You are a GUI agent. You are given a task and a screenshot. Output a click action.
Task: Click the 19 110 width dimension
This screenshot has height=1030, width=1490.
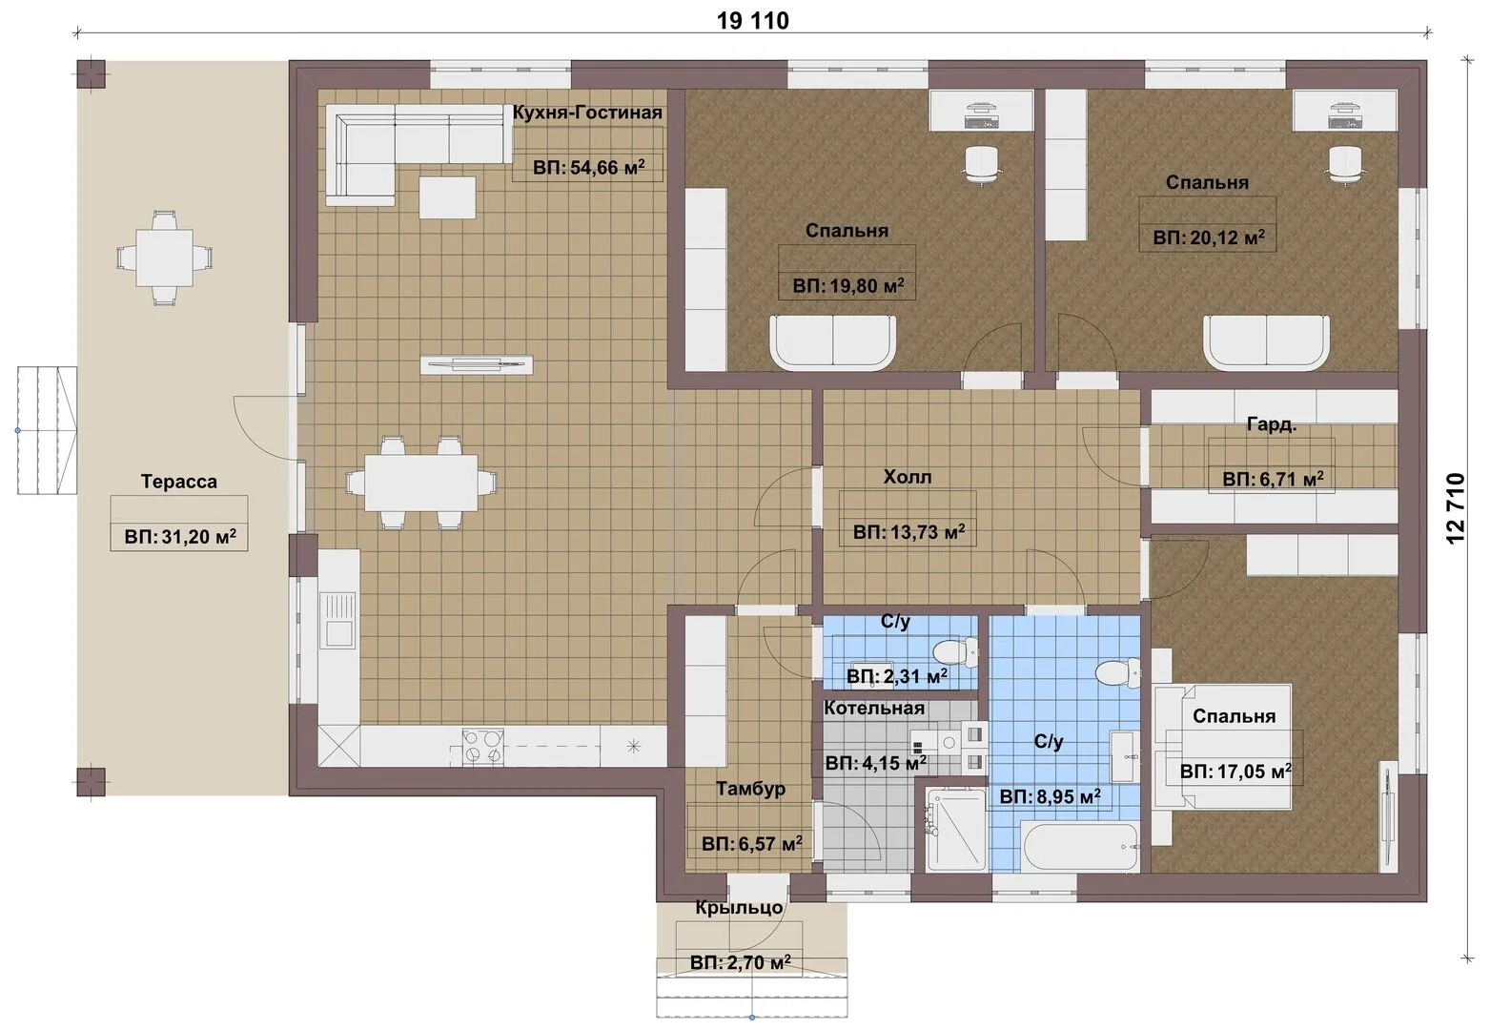tap(752, 21)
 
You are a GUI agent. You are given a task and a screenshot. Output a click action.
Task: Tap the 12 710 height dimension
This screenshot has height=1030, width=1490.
tap(1456, 508)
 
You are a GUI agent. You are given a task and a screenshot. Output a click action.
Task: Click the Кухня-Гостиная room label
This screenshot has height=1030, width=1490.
tap(586, 113)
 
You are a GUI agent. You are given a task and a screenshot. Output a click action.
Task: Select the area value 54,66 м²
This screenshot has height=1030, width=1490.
tap(589, 167)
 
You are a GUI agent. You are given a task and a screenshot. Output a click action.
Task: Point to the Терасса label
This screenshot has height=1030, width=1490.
tap(179, 481)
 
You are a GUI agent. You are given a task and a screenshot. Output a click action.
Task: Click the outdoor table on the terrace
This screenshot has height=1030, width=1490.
tap(165, 257)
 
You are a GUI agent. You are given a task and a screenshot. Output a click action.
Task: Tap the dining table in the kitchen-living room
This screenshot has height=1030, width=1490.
tap(421, 483)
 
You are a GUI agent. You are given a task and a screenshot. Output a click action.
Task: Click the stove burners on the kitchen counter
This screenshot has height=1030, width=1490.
tap(483, 747)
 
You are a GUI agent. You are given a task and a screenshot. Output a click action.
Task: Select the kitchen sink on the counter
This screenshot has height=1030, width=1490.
tap(338, 621)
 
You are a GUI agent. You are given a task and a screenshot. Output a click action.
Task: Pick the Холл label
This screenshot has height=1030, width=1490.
tap(908, 477)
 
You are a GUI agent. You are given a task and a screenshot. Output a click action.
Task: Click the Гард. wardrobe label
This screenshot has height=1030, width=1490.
tap(1271, 424)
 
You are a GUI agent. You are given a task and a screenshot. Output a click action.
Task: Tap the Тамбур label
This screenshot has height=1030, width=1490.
tap(750, 789)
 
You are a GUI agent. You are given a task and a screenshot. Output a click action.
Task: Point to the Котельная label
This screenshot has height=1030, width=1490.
tap(874, 708)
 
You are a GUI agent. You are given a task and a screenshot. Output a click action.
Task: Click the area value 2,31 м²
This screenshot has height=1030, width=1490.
tap(897, 677)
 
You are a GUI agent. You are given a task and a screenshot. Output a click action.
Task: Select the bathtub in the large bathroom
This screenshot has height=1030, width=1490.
tap(1081, 847)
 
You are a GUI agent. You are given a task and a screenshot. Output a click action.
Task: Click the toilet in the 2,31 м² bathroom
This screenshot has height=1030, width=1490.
tap(955, 652)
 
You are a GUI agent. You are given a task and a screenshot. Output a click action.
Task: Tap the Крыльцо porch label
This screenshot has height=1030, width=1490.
tap(739, 908)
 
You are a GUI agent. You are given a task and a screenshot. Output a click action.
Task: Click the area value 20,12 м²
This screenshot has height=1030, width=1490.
tap(1209, 237)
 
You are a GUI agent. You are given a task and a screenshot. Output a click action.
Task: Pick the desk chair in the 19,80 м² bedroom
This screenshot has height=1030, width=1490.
tap(982, 163)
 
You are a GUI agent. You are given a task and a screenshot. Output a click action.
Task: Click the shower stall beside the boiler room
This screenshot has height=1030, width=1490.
tap(955, 829)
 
